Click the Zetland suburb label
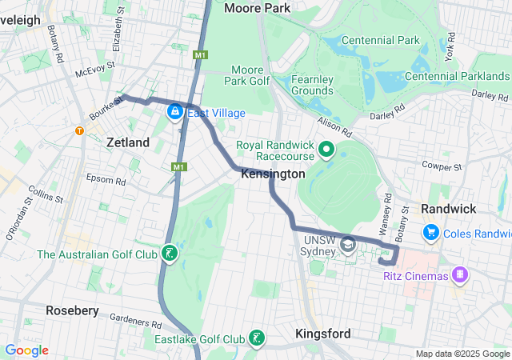128,142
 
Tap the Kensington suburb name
273,174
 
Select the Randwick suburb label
448,209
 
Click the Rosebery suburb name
72,310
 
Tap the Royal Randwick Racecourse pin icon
326,149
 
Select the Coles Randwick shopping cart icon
431,232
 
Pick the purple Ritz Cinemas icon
460,276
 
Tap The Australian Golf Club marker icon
169,254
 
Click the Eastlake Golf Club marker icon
257,338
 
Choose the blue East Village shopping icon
174,113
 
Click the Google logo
26,350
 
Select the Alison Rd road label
335,125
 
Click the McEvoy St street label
90,71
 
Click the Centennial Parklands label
458,76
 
